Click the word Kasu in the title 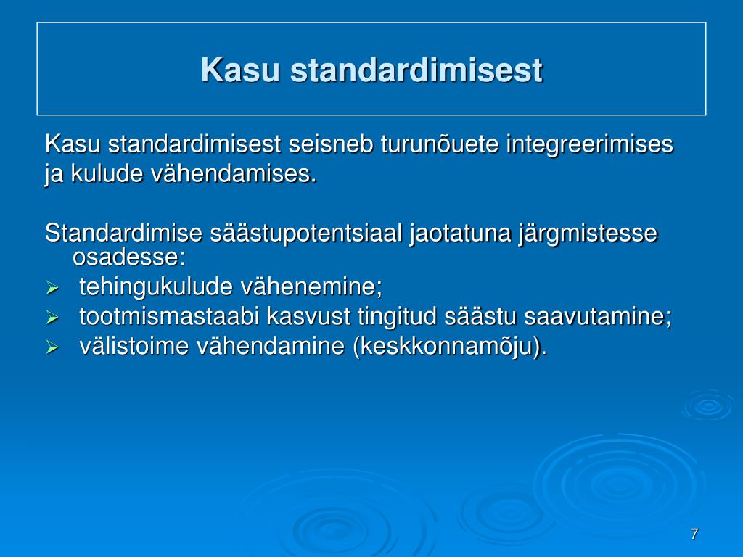(x=240, y=70)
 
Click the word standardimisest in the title (x=416, y=70)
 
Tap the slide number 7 (x=694, y=534)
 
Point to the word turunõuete (x=439, y=144)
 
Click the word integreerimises (x=589, y=145)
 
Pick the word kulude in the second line (x=107, y=174)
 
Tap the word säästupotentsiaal (x=306, y=234)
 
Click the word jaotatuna (x=460, y=233)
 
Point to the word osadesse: (x=128, y=257)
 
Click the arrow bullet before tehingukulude (x=52, y=288)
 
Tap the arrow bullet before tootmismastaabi (x=52, y=318)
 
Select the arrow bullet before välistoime (x=52, y=347)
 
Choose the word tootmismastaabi (x=169, y=316)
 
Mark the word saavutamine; (x=598, y=316)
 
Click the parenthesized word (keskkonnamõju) (x=450, y=347)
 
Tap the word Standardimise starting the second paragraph (x=123, y=233)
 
